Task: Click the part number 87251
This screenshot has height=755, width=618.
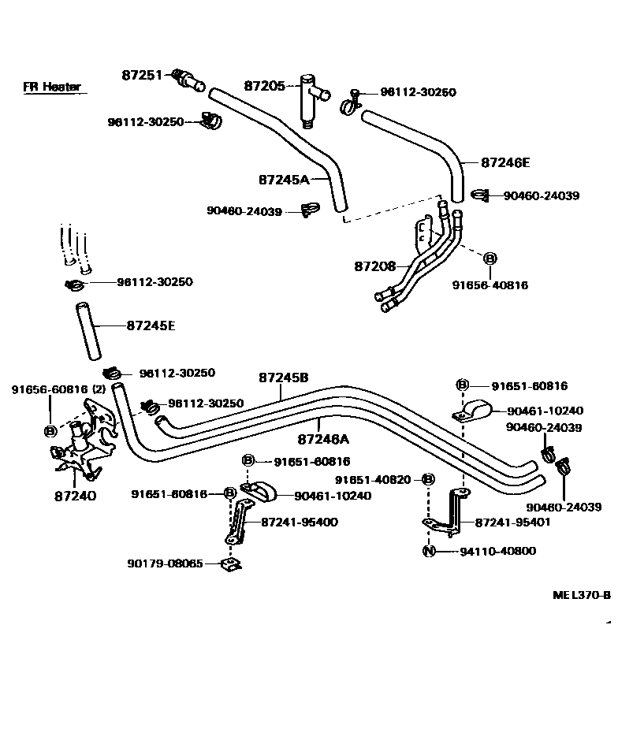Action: click(x=141, y=75)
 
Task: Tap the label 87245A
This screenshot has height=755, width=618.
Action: click(x=284, y=179)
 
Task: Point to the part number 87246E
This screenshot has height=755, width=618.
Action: click(x=505, y=162)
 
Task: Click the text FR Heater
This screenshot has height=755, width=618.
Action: click(x=51, y=87)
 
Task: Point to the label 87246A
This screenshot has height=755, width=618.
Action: click(x=324, y=437)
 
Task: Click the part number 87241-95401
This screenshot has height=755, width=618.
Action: click(x=513, y=522)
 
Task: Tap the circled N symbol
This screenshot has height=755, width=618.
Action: click(x=429, y=550)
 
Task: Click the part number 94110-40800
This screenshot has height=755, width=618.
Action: click(x=497, y=550)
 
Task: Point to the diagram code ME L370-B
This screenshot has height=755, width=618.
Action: click(x=581, y=595)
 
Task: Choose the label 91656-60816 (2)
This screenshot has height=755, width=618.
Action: click(x=58, y=389)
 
